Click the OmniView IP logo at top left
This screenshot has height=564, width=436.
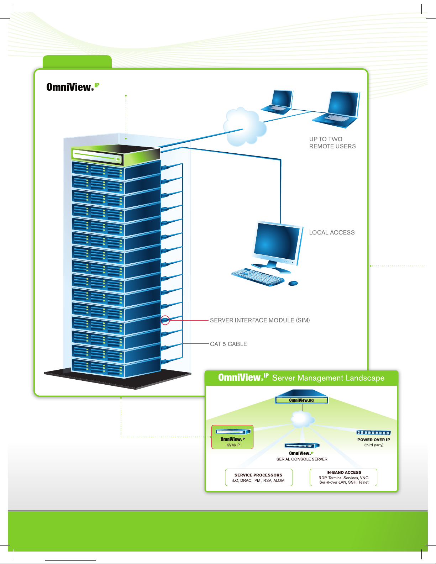[73, 87]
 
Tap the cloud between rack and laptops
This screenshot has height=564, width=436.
[245, 127]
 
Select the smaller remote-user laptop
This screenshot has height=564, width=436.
[277, 102]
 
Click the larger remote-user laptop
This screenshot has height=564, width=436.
[336, 109]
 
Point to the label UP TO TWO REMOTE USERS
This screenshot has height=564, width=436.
[332, 143]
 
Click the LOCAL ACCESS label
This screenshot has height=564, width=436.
[332, 233]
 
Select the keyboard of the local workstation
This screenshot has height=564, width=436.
[258, 277]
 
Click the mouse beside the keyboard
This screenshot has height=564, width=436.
[293, 283]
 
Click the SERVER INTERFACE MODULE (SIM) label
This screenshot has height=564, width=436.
[260, 320]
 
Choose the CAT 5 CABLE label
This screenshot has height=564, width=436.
[228, 344]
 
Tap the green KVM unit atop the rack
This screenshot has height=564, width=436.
[115, 155]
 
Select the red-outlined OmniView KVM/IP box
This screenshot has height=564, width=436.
[232, 437]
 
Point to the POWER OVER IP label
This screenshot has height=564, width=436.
[374, 440]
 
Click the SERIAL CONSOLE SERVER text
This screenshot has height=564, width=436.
[302, 459]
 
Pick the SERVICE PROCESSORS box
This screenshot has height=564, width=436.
[259, 477]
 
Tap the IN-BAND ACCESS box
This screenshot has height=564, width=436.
[343, 477]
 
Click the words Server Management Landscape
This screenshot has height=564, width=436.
[328, 378]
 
